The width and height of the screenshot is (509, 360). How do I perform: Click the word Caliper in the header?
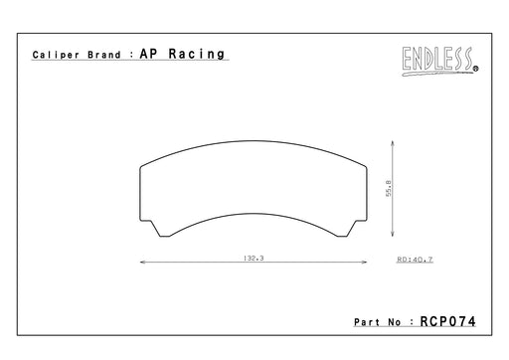(56, 55)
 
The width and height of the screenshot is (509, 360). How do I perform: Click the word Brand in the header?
(104, 55)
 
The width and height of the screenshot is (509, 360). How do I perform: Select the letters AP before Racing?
(148, 54)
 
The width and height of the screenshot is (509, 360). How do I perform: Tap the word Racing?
(197, 54)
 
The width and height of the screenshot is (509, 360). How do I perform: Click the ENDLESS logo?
(439, 61)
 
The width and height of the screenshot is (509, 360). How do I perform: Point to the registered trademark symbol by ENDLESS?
(476, 69)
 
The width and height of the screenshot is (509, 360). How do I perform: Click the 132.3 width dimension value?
(254, 258)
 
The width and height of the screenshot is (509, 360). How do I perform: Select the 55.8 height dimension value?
(389, 188)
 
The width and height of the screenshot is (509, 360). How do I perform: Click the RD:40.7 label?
(415, 260)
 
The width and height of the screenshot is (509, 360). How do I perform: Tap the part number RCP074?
(447, 321)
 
